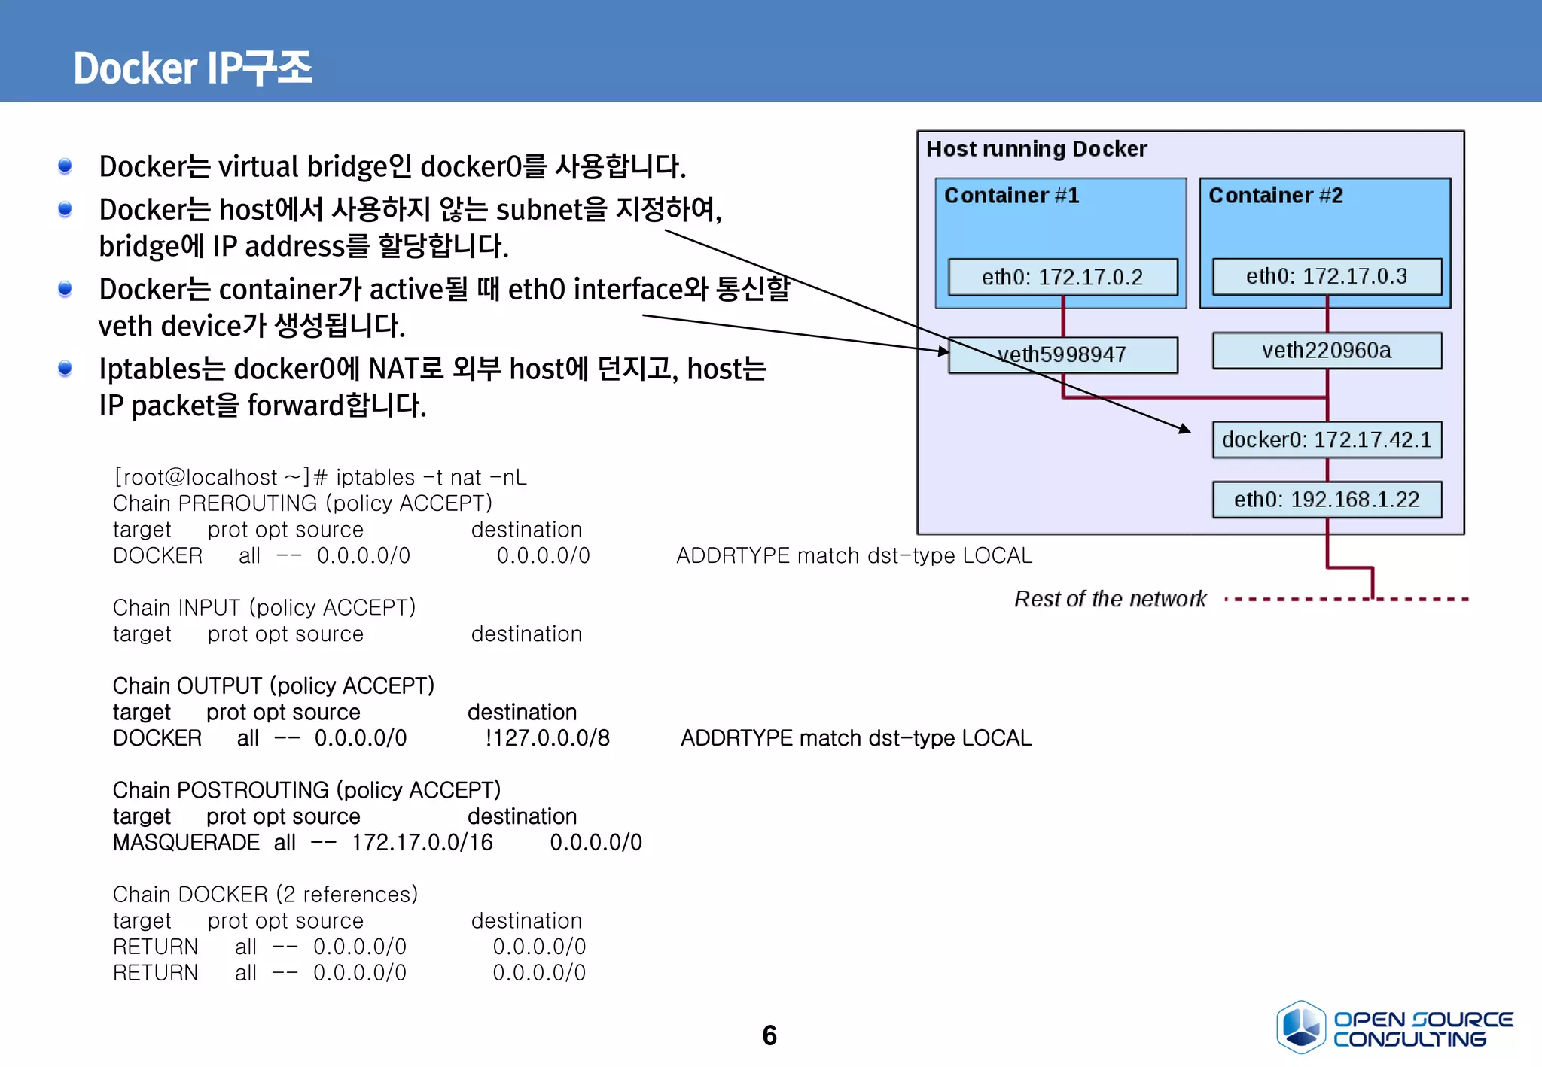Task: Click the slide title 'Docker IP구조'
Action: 193,68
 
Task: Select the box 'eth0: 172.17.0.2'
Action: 1062,277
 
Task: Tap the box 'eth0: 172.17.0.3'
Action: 1327,276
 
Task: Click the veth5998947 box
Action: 1062,354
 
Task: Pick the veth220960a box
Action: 1327,351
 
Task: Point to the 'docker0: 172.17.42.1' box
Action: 1327,439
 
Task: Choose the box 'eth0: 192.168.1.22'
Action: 1327,500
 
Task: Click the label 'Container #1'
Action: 1011,196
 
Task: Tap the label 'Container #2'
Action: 1275,196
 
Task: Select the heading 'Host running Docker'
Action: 1036,149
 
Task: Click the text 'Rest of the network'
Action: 1110,599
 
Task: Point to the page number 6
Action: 769,1035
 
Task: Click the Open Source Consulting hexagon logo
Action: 1300,1026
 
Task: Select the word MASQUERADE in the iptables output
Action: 186,843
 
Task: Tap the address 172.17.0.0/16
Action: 422,843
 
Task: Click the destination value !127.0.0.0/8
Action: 547,738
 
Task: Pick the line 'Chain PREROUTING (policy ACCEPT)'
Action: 302,503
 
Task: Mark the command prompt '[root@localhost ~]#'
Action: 220,477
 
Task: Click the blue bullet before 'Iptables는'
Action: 66,368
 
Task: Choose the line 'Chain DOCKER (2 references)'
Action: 265,894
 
